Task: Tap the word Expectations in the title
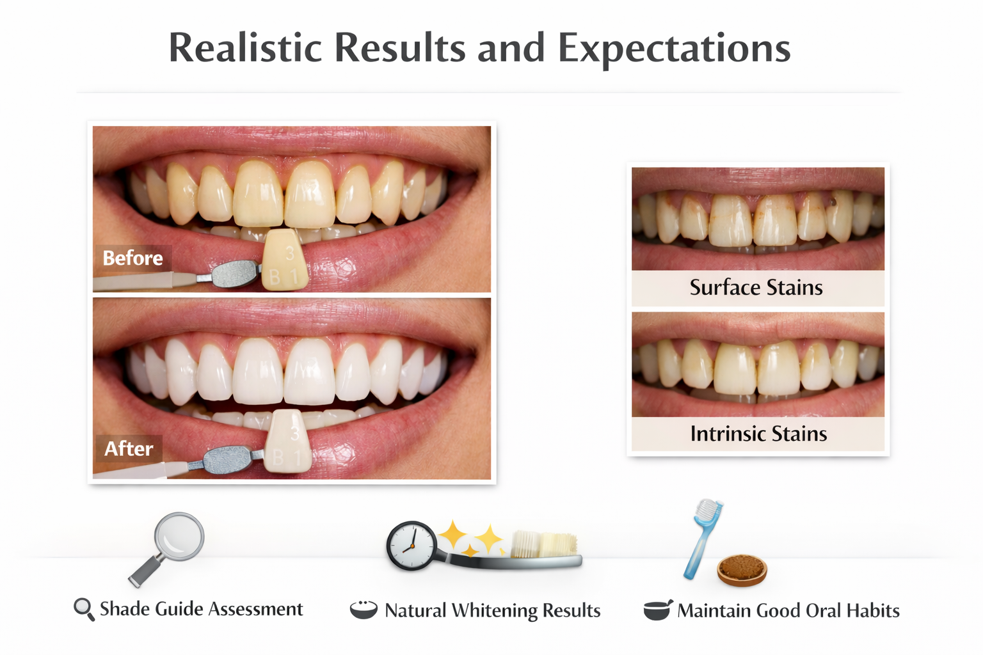pyautogui.click(x=674, y=49)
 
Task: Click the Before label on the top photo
pyautogui.click(x=132, y=258)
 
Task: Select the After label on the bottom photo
pyautogui.click(x=129, y=448)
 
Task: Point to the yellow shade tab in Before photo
pyautogui.click(x=285, y=261)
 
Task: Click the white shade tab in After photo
pyautogui.click(x=289, y=442)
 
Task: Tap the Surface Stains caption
pyautogui.click(x=756, y=288)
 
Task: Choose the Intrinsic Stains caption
pyautogui.click(x=758, y=434)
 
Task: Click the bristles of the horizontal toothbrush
pyautogui.click(x=544, y=544)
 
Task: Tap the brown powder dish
pyautogui.click(x=742, y=569)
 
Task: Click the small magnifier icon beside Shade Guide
pyautogui.click(x=84, y=609)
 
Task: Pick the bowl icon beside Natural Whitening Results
pyautogui.click(x=364, y=610)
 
